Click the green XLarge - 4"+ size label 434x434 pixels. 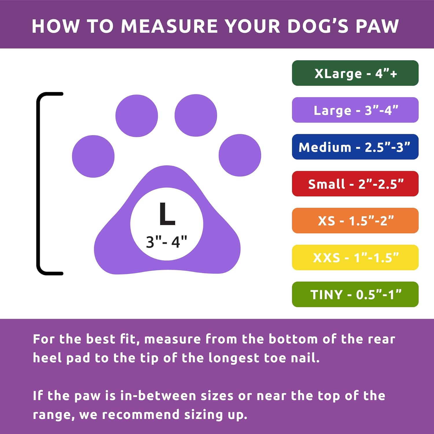[x=355, y=73]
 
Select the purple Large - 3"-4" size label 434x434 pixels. [x=355, y=110]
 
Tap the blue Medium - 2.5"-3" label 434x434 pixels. [x=355, y=147]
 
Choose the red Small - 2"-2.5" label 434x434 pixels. [x=355, y=184]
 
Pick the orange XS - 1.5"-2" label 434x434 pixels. [x=355, y=221]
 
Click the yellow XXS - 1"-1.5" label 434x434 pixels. [x=355, y=258]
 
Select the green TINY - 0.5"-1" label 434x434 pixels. [x=355, y=295]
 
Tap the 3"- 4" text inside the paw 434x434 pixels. [x=166, y=242]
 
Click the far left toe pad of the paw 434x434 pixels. [x=93, y=156]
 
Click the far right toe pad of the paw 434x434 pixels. [x=240, y=155]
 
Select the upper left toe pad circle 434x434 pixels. [x=137, y=116]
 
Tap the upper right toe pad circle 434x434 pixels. [x=196, y=115]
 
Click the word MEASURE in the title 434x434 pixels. [x=169, y=26]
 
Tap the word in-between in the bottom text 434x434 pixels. [x=158, y=396]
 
